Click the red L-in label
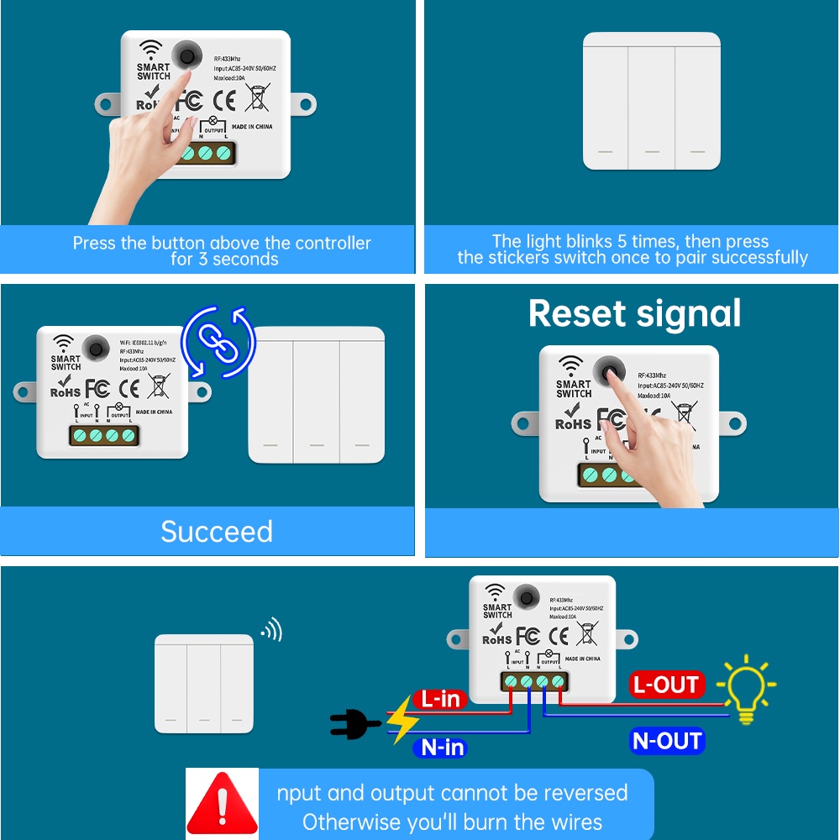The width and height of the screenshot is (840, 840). pyautogui.click(x=440, y=699)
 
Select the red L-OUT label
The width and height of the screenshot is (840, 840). pyautogui.click(x=666, y=685)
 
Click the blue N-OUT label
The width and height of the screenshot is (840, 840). pyautogui.click(x=666, y=741)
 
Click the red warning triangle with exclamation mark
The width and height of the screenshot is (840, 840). pyautogui.click(x=222, y=805)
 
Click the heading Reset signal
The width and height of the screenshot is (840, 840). pyautogui.click(x=634, y=313)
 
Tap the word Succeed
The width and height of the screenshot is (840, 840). pyautogui.click(x=217, y=532)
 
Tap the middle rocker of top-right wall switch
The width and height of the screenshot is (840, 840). pyautogui.click(x=652, y=101)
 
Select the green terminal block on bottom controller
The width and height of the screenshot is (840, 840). pyautogui.click(x=533, y=680)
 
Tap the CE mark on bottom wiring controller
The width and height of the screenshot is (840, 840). pyautogui.click(x=558, y=636)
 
